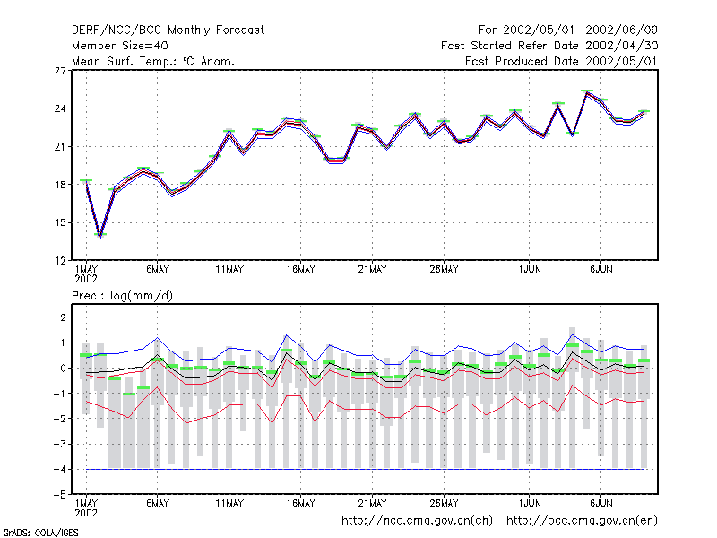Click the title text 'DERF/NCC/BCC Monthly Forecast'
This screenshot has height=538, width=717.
coord(168,30)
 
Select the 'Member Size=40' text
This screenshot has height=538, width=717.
coord(120,46)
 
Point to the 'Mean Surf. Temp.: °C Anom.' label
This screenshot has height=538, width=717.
coord(153,61)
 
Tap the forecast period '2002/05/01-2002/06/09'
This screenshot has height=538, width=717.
coord(580,30)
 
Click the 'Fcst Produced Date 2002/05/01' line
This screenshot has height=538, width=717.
coord(561,61)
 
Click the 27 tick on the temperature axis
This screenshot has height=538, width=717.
coord(60,71)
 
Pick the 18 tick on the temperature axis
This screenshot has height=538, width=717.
coord(60,185)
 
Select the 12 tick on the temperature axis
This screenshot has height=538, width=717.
coord(60,261)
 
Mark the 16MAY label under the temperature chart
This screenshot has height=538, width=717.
coord(301,270)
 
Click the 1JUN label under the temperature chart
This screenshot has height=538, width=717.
coord(530,270)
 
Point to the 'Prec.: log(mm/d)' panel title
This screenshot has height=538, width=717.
coord(122,296)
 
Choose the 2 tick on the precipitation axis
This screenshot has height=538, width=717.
coord(63,317)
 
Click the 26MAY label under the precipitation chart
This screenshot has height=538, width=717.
coord(444,503)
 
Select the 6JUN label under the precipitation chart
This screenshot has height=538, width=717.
coord(600,503)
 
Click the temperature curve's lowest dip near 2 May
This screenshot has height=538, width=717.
coord(100,237)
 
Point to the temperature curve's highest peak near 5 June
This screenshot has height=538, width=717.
coord(587,92)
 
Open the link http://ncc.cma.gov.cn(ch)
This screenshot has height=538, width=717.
coord(417,521)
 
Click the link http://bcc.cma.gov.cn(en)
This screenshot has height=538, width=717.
coord(582,521)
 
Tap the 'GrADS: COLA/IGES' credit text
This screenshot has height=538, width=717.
coord(40,533)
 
